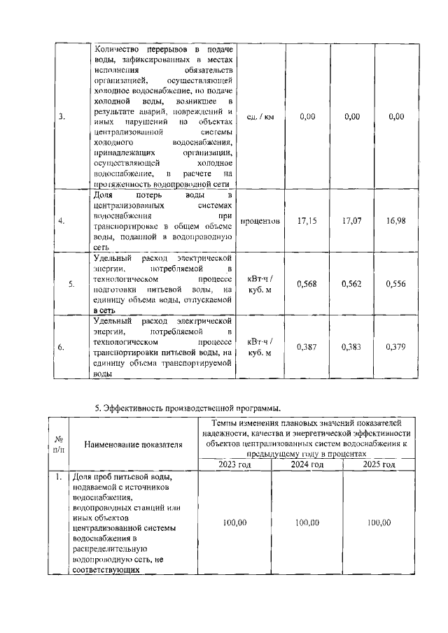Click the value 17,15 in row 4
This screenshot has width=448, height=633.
point(307,221)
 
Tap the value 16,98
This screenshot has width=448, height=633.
point(396,221)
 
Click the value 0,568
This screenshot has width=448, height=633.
point(307,284)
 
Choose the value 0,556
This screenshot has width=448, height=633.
point(396,284)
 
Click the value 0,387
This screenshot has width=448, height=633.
point(307,347)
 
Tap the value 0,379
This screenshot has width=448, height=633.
point(396,347)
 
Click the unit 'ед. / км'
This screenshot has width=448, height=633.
point(261,116)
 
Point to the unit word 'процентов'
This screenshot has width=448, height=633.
point(261,221)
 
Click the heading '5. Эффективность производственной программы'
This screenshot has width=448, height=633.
point(188,408)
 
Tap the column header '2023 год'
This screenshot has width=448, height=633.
point(235,464)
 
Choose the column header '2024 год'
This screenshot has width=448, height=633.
point(307,464)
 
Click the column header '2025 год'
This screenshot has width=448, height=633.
point(379,464)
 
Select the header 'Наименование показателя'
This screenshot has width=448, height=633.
point(133,443)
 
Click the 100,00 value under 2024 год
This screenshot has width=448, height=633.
point(307,522)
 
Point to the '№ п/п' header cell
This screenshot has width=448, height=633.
point(59,443)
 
